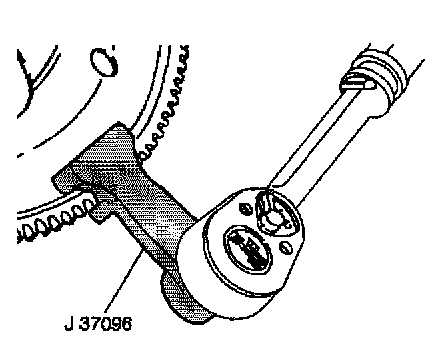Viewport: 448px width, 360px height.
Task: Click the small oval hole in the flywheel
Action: click(x=103, y=63)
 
